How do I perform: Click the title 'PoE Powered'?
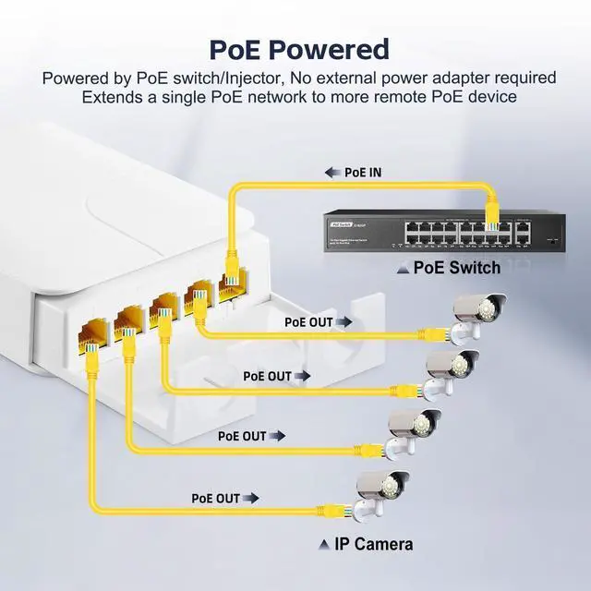point(298,48)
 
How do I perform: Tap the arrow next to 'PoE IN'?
point(333,172)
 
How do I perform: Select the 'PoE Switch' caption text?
point(456,269)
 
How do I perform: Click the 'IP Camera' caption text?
point(374,544)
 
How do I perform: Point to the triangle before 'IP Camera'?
point(324,545)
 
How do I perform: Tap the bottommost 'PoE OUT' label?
point(216,498)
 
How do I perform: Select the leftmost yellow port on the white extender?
point(94,332)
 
